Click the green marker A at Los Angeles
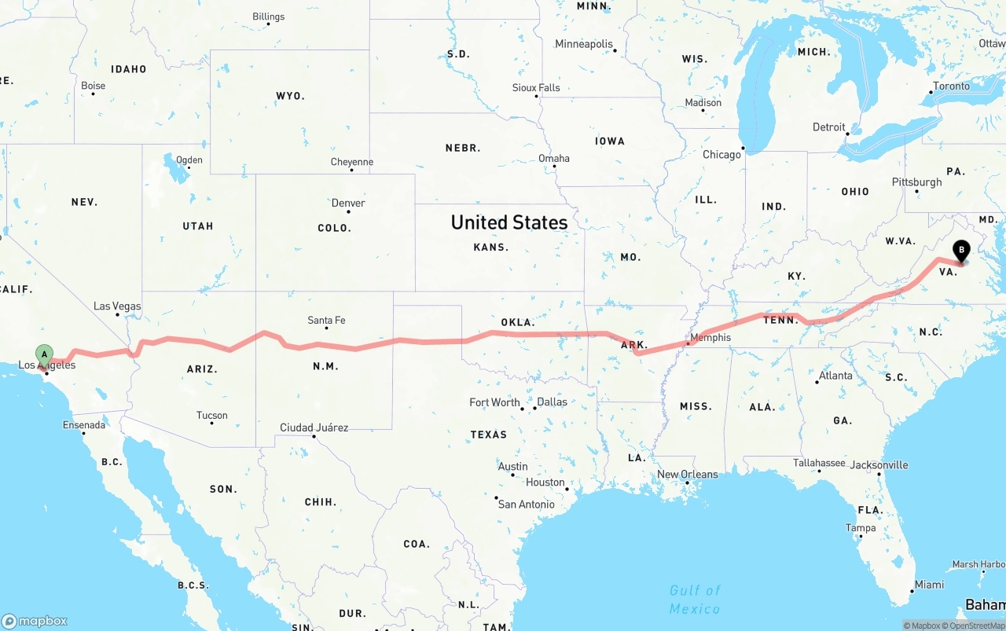point(45,354)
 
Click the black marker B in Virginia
point(961,251)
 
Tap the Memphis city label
point(710,337)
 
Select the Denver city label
point(347,203)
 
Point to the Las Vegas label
point(117,306)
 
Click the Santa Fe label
point(326,320)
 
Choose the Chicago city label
point(721,155)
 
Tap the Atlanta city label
point(835,376)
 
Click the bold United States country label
point(509,222)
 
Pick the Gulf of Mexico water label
point(695,600)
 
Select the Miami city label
point(929,585)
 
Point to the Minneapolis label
point(584,44)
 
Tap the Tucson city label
point(212,416)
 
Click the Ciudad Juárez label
point(314,427)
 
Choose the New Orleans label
point(688,474)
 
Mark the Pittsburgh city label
point(916,182)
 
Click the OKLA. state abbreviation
point(517,322)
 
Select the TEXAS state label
point(489,434)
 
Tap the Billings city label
point(269,17)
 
